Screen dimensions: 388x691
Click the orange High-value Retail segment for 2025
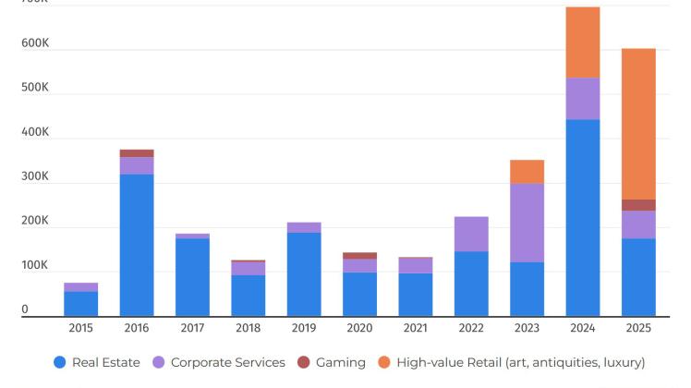638,124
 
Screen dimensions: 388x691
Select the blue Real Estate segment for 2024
582,217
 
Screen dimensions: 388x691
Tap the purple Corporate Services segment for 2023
527,223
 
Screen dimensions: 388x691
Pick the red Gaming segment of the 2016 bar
137,153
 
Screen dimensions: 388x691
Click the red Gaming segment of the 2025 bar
638,205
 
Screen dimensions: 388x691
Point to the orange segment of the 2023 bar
527,172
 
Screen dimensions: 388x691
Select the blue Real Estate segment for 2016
137,245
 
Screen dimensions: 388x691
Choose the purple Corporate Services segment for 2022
471,234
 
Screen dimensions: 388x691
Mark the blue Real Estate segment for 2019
304,273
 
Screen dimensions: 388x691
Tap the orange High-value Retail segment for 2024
582,42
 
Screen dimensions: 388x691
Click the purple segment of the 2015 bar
81,287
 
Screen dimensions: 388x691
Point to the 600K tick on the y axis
36,44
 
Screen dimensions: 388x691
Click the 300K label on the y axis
36,176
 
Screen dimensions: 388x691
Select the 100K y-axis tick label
36,265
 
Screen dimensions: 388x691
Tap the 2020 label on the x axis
359,328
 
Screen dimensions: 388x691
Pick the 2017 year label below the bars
192,328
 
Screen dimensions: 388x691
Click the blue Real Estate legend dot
60,363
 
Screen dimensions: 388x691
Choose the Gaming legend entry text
341,363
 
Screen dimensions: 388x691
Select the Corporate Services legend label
228,363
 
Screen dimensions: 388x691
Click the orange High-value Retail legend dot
384,363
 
